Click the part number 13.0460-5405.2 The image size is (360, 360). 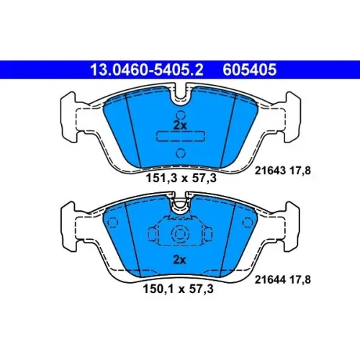click(x=147, y=70)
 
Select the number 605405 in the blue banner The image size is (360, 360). click(x=250, y=70)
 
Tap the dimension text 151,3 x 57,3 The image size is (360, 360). click(x=181, y=179)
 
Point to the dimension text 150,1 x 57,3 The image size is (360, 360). click(x=179, y=289)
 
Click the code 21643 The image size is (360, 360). click(x=270, y=171)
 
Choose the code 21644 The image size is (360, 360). click(x=270, y=279)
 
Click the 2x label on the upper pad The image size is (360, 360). click(x=180, y=125)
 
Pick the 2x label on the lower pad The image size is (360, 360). click(x=179, y=260)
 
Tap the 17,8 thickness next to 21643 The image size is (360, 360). click(x=300, y=171)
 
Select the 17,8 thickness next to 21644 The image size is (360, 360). click(x=300, y=280)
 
